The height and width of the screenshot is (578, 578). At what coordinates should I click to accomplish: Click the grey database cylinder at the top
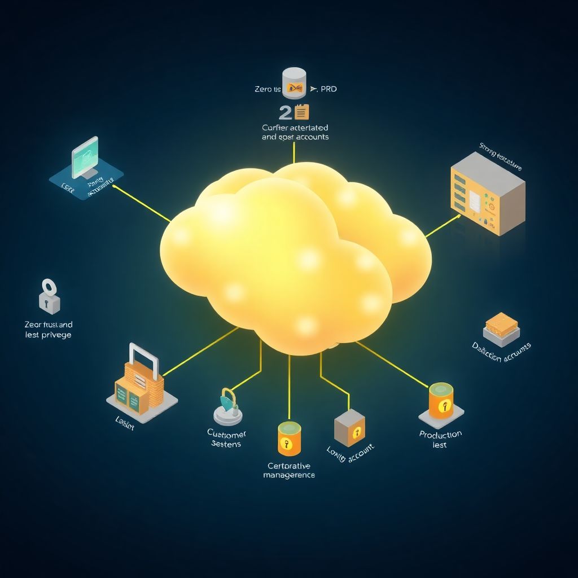[294, 82]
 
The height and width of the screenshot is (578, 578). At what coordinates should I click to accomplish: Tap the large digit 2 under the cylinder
[285, 112]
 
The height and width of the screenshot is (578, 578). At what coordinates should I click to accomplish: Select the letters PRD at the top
[328, 89]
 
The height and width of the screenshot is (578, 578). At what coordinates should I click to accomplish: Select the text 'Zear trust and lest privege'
[49, 330]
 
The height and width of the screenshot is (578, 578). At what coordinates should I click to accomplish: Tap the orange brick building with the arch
[139, 384]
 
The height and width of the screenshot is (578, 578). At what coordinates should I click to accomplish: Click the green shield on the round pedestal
[227, 402]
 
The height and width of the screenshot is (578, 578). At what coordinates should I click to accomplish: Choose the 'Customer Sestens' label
[227, 439]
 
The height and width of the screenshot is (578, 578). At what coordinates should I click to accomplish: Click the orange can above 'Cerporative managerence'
[289, 439]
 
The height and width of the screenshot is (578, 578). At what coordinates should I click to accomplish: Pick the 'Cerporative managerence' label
[289, 470]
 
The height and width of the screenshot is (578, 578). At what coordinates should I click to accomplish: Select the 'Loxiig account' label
[351, 450]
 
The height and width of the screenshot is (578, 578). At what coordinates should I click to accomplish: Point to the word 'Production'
[440, 434]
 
